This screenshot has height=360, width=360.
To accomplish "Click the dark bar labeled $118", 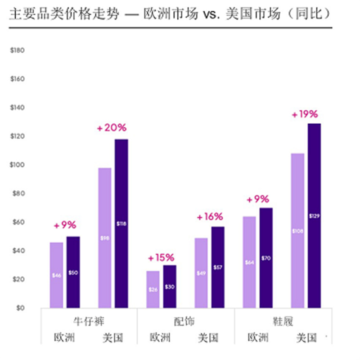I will click(121, 224).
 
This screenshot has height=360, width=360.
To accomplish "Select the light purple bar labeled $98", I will click(104, 238).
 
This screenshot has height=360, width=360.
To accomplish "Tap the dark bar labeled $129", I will click(314, 216).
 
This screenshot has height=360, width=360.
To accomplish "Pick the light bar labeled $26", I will click(153, 289).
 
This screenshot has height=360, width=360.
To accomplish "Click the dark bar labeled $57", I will click(218, 267).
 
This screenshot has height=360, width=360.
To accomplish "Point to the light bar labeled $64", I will click(249, 262).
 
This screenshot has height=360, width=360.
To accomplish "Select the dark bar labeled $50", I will click(73, 272).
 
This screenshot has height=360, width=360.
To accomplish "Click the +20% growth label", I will click(112, 128).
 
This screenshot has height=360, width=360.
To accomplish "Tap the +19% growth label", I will click(305, 114).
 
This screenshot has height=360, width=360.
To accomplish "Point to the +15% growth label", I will click(161, 258).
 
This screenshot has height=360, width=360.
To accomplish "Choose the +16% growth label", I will click(210, 217).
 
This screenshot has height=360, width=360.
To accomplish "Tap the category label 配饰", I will click(185, 321).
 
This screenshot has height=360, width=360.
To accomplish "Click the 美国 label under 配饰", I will click(209, 337).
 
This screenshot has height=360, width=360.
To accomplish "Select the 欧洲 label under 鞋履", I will click(258, 337).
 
